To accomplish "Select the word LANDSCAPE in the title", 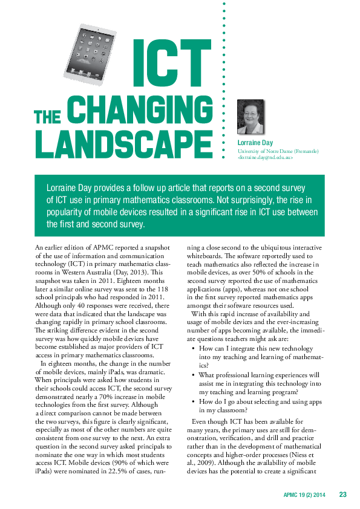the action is click(x=123, y=143).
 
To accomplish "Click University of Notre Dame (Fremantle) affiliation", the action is click(x=278, y=151).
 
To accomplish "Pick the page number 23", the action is click(x=342, y=495).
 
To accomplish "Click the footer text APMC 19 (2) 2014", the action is click(x=305, y=495).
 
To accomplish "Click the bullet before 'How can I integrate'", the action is click(x=193, y=349).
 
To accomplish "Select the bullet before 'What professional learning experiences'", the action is click(x=193, y=375).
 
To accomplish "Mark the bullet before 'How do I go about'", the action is click(x=193, y=401).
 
